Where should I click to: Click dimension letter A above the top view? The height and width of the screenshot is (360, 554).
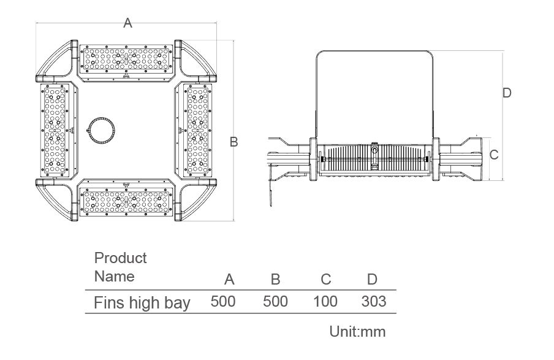coord(127,23)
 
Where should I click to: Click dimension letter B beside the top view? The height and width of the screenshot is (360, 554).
coord(233,142)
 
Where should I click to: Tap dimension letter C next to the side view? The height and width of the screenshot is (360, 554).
coord(494,155)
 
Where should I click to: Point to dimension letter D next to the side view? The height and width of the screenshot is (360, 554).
coord(506,93)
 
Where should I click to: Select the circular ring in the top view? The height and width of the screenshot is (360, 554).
coord(101,130)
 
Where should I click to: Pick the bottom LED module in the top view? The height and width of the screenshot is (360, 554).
coord(127,200)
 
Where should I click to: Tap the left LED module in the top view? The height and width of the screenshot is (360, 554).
coord(56,131)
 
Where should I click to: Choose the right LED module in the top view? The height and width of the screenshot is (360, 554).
coord(197,131)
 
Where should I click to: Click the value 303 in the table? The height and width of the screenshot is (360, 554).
coord(374,301)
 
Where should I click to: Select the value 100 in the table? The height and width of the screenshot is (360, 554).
coord(325,301)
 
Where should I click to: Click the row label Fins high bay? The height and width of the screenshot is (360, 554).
coord(142,302)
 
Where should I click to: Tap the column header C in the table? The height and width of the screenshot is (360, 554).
coord(325,280)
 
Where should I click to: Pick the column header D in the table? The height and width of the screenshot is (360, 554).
coord(372,280)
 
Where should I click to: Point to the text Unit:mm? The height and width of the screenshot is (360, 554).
coord(357,332)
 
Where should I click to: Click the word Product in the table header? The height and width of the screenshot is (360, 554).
coord(121,258)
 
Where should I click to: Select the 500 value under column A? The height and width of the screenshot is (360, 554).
coord(223,301)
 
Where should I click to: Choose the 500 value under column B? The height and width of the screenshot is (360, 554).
coord(275,301)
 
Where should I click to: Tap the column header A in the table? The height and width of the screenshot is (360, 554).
coord(229,280)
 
